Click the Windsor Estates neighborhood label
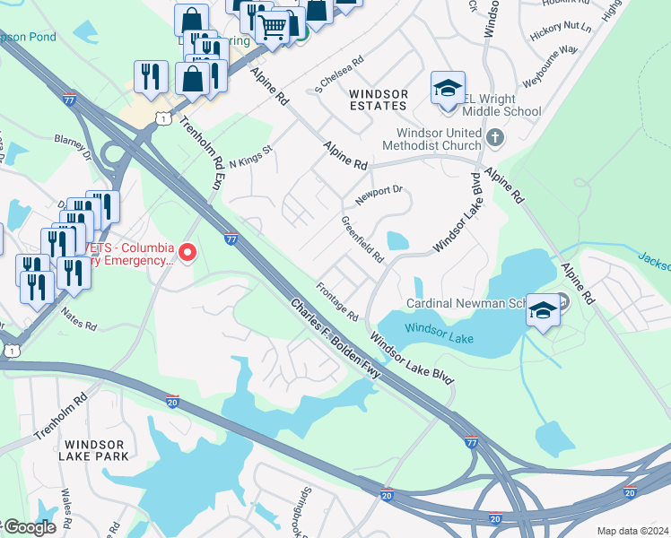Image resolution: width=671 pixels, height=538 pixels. (378, 100)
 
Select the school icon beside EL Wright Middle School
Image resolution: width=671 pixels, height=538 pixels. (448, 89)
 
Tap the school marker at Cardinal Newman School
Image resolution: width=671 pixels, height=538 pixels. (543, 310)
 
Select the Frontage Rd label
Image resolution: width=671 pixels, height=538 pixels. (337, 304)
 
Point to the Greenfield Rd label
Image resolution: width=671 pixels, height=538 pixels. (362, 239)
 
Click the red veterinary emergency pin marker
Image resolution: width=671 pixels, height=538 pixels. (187, 253)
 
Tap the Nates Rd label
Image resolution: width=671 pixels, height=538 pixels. (78, 317)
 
